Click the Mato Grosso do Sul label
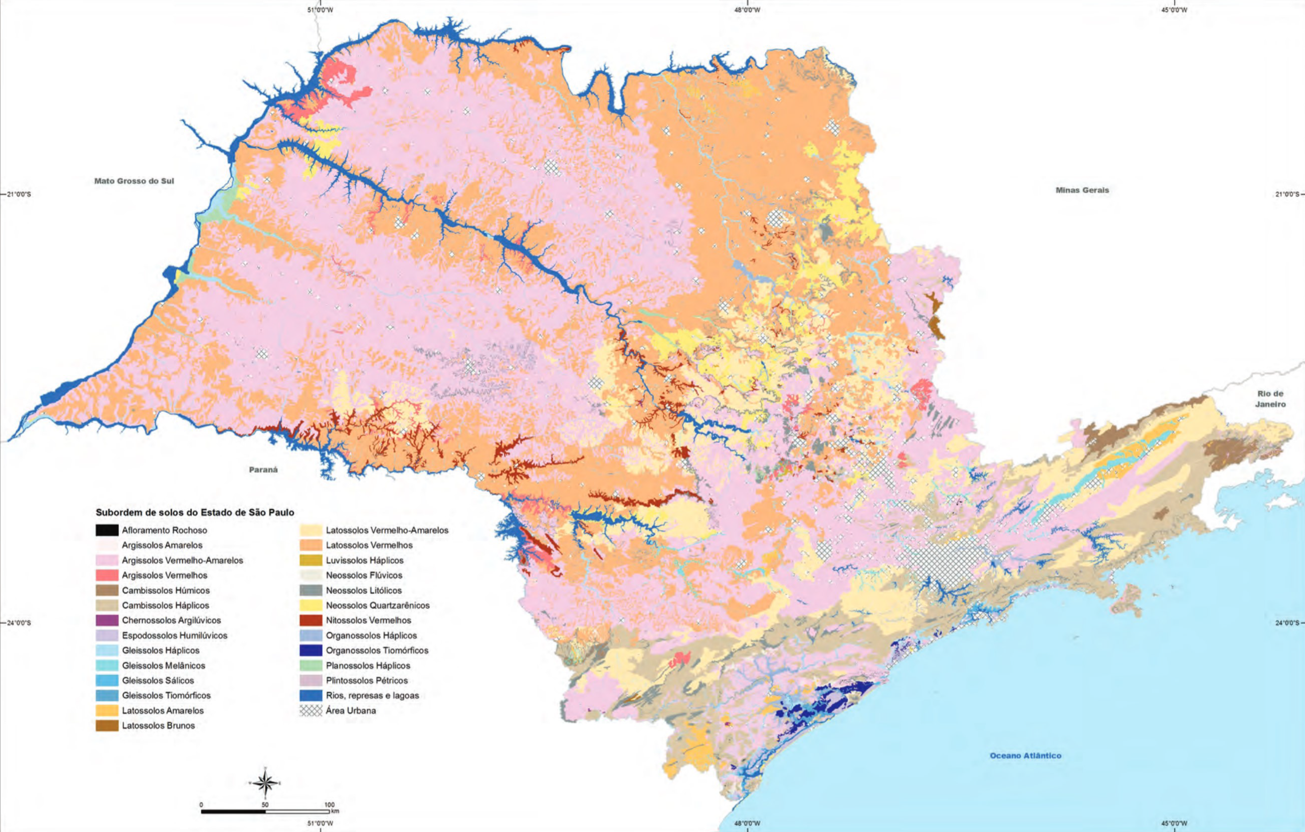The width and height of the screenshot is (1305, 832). [134, 181]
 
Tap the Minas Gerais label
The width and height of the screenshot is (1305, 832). [1082, 190]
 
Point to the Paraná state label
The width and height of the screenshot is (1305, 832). [263, 470]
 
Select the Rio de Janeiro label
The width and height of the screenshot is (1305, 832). [1270, 399]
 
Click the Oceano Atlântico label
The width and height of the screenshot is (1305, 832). [1025, 756]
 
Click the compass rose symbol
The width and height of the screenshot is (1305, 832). [265, 783]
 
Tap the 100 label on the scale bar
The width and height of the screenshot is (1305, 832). [329, 805]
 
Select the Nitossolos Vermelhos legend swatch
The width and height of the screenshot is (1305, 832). [311, 620]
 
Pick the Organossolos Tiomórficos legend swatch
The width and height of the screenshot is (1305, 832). [311, 651]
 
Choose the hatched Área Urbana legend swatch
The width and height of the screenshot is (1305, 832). [311, 710]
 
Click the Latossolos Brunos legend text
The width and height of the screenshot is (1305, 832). [158, 726]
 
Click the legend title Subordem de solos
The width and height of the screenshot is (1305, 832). [195, 512]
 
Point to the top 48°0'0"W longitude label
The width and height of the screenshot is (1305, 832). [747, 10]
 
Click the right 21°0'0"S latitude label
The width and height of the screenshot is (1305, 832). [1286, 194]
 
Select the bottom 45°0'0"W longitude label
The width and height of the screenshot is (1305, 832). [1174, 823]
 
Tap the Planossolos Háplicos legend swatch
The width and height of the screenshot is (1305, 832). [311, 666]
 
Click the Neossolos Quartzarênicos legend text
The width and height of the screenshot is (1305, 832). [377, 605]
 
